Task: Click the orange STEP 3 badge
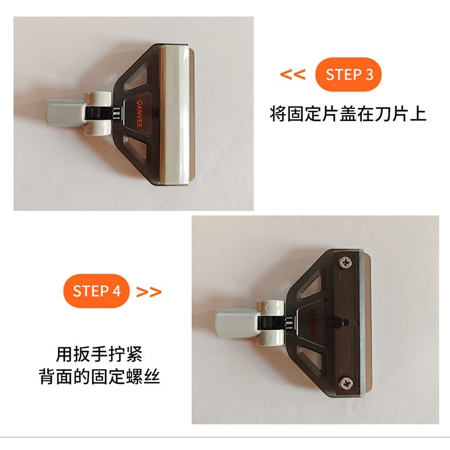[x=348, y=75]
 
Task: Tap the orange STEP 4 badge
[x=96, y=291]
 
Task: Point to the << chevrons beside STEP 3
[x=293, y=75]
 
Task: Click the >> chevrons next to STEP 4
[x=149, y=292]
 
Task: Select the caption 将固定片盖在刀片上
[x=348, y=113]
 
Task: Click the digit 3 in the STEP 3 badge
[x=369, y=75]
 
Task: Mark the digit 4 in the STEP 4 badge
[x=116, y=291]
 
